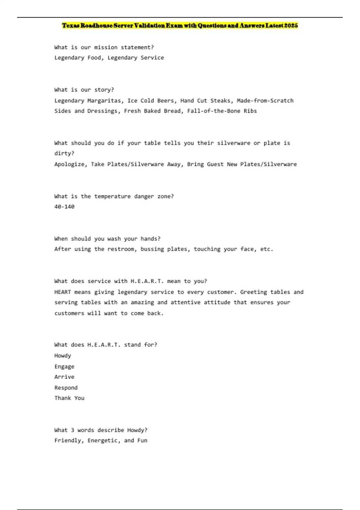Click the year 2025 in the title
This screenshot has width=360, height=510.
[x=291, y=25]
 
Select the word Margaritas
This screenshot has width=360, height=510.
[x=104, y=100]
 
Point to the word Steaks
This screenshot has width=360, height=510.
[x=220, y=100]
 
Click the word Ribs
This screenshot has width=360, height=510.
[x=250, y=111]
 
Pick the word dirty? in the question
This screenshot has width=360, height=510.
[x=64, y=153]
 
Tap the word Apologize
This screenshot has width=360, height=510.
[x=69, y=164]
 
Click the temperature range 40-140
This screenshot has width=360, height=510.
[x=64, y=207]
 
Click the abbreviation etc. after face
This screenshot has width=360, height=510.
[x=267, y=249]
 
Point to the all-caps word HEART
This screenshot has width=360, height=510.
[x=62, y=292]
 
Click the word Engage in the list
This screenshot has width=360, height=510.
[x=64, y=366]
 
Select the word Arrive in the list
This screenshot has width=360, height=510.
[x=64, y=377]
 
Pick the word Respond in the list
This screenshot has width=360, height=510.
[x=66, y=388]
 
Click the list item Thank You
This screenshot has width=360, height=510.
[x=69, y=398]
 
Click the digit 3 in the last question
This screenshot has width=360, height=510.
[x=73, y=430]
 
